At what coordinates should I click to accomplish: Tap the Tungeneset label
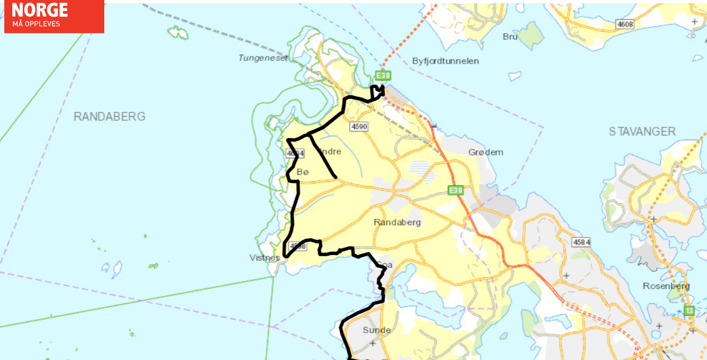point(263,57)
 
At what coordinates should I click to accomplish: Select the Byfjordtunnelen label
point(445,61)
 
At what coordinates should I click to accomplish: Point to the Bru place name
point(510,36)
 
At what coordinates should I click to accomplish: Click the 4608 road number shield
point(625,24)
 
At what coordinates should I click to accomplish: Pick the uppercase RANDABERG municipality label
point(110,117)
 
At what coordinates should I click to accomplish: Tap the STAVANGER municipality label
point(642,131)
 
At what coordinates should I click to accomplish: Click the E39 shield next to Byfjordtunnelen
point(383,75)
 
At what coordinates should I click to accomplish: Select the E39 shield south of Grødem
point(455,190)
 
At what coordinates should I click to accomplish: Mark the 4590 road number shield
point(359,127)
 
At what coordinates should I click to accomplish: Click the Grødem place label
point(486,152)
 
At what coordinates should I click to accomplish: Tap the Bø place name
point(303,172)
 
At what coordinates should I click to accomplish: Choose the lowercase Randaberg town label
point(397,222)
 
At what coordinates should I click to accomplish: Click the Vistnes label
point(265,257)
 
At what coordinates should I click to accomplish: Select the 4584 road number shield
point(581,242)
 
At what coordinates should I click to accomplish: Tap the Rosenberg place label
point(666,286)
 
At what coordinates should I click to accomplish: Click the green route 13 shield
point(689,310)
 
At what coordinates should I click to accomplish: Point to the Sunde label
point(376,330)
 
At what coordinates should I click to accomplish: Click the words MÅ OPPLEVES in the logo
point(36,24)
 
